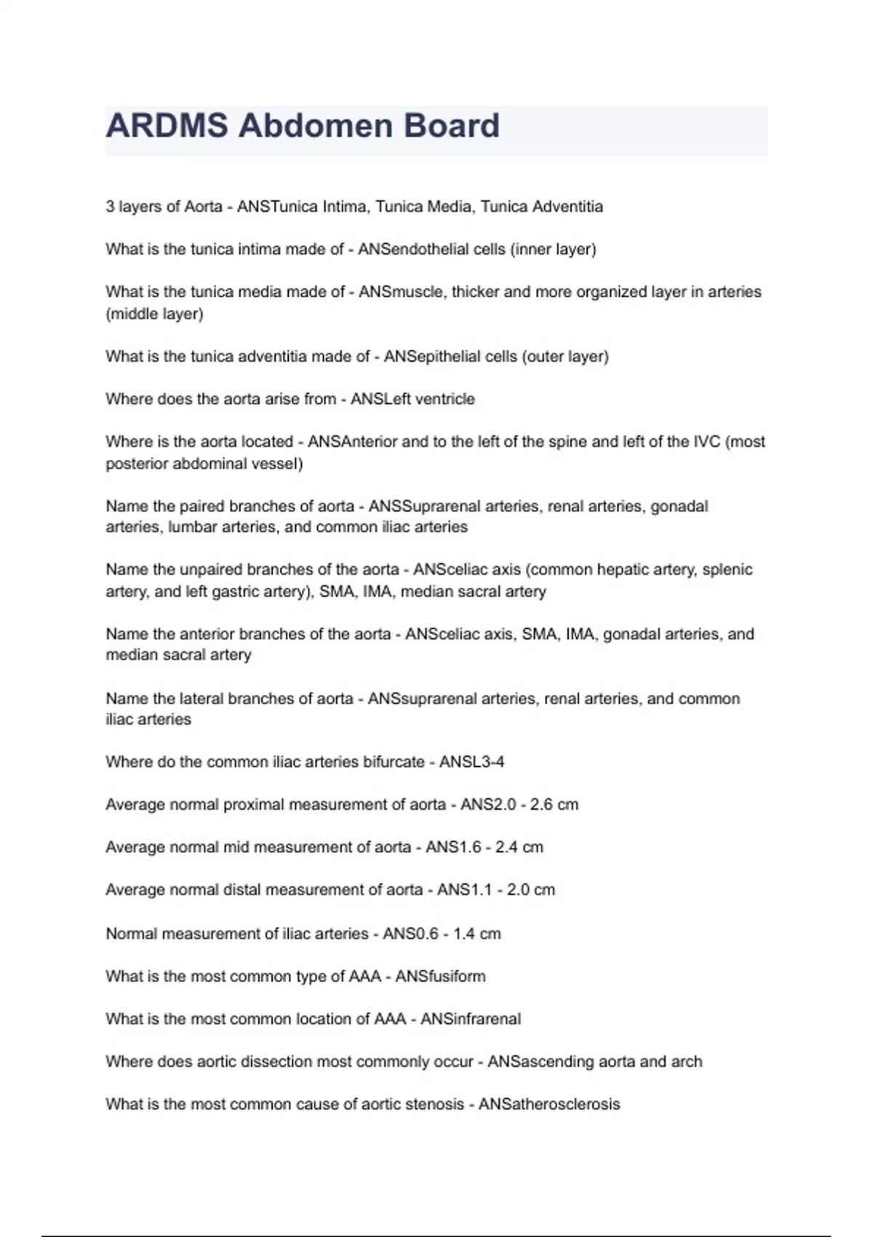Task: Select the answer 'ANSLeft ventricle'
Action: [x=412, y=399]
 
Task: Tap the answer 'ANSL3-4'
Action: [x=471, y=762]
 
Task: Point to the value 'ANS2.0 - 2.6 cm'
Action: [x=519, y=804]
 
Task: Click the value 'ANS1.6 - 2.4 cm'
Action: [x=485, y=847]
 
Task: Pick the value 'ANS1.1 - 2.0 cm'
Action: [x=496, y=889]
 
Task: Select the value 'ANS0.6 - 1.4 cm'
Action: [x=442, y=934]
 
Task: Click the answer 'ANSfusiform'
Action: [x=440, y=976]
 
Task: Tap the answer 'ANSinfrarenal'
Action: [x=471, y=1019]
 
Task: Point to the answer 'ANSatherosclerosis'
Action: [x=549, y=1104]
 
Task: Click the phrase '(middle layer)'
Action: [x=154, y=314]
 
